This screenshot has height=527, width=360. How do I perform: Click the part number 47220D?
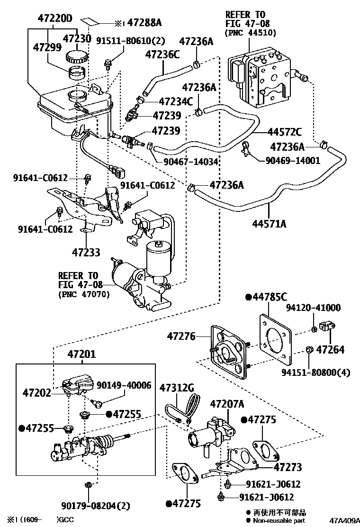click(55, 19)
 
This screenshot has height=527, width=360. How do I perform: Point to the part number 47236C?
click(162, 55)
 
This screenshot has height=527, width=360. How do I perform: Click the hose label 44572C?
click(284, 131)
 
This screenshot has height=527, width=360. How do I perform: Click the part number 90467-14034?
click(190, 162)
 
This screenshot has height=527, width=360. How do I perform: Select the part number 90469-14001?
click(293, 161)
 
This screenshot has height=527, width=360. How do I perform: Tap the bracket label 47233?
click(86, 253)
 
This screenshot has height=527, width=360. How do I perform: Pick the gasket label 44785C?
click(270, 297)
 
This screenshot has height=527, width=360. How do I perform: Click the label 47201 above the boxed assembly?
click(81, 354)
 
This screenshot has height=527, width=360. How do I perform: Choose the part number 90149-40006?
click(124, 385)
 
